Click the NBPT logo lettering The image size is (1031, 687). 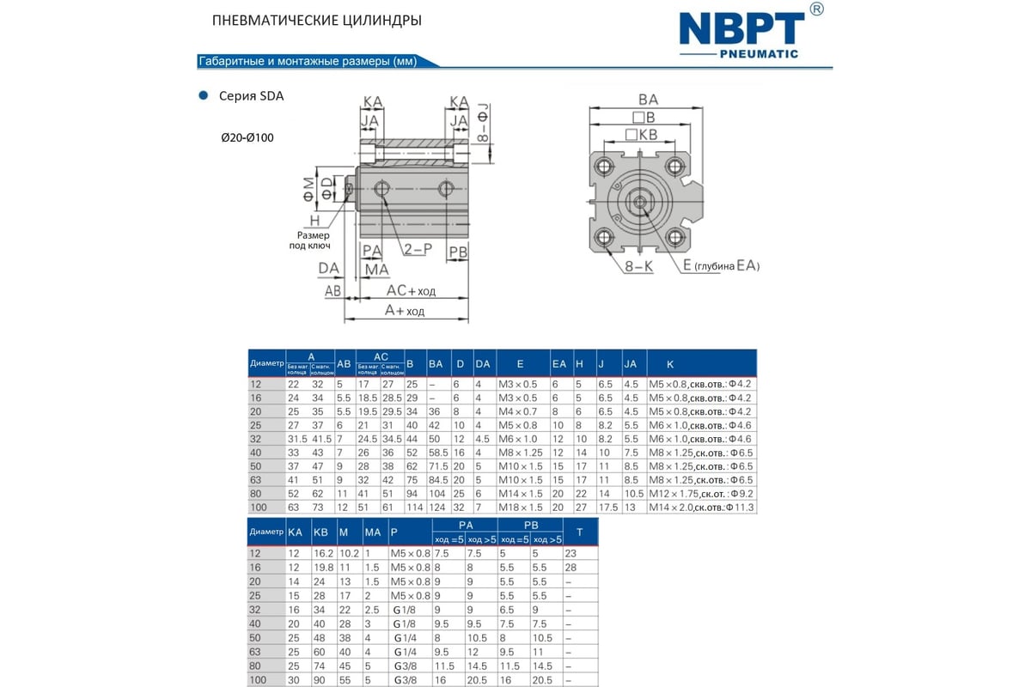click(742, 28)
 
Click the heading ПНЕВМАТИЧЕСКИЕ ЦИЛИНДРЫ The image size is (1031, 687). click(316, 20)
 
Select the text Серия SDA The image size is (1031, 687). click(252, 96)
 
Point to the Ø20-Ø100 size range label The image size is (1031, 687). click(247, 137)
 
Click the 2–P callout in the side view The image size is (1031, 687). click(418, 249)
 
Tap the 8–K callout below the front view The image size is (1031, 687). click(638, 267)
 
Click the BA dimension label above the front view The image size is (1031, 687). click(648, 100)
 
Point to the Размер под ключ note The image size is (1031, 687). click(313, 240)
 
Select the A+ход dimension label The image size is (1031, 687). click(404, 311)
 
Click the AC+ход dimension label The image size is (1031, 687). click(411, 291)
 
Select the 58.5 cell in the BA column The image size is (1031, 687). click(437, 452)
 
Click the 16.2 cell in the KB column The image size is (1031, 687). click(323, 554)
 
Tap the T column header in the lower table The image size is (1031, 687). click(579, 532)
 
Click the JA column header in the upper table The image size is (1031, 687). click(630, 363)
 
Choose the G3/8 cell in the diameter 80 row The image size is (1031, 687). click(405, 666)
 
